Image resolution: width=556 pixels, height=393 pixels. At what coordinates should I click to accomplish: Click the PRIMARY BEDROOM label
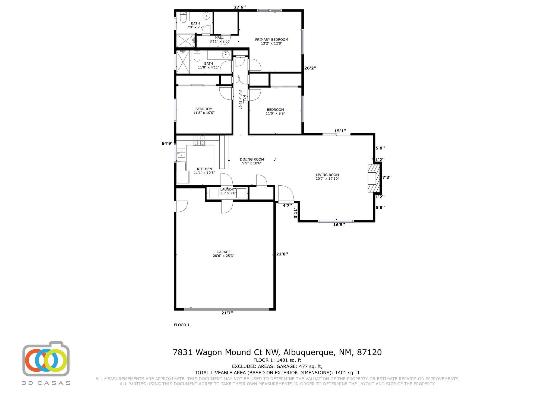[x=271, y=40]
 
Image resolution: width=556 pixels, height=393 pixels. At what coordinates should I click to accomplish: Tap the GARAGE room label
[x=223, y=252]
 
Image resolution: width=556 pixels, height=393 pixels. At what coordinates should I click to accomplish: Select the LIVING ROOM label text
[x=327, y=175]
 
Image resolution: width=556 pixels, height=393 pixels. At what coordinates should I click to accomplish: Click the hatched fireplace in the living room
[x=374, y=178]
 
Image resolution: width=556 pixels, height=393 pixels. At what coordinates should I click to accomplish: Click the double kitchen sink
[x=181, y=153]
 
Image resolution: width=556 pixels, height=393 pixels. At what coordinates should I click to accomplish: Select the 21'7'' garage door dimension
[x=227, y=313]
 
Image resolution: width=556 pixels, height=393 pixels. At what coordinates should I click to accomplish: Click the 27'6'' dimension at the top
[x=240, y=7]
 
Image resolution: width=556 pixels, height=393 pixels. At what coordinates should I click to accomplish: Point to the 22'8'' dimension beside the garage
[x=282, y=254]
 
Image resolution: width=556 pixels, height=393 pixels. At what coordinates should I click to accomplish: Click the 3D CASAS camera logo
[x=46, y=359]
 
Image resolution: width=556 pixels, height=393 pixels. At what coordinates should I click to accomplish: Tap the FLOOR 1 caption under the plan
[x=182, y=325]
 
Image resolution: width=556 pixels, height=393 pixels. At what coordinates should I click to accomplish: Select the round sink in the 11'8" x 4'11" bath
[x=226, y=55]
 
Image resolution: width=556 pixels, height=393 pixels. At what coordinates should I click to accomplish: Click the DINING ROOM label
[x=252, y=159]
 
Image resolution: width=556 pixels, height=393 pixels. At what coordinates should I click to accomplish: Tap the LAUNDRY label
[x=228, y=189]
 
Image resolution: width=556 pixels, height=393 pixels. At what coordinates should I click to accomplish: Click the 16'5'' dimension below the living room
[x=339, y=225]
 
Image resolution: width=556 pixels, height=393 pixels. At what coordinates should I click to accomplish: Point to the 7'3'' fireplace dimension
[x=387, y=178]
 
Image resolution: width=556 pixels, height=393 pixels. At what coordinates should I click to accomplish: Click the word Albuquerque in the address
[x=308, y=352]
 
